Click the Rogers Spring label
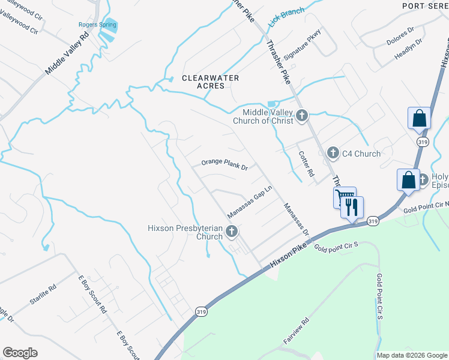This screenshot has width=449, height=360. [92, 25]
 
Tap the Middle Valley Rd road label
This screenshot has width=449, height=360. [67, 53]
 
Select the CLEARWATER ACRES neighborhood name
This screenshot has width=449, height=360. [211, 82]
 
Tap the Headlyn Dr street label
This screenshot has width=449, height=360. [408, 52]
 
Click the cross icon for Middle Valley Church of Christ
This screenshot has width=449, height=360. [302, 114]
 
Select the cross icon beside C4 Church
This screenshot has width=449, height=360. [333, 154]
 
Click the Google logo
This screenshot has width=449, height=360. [20, 353]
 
